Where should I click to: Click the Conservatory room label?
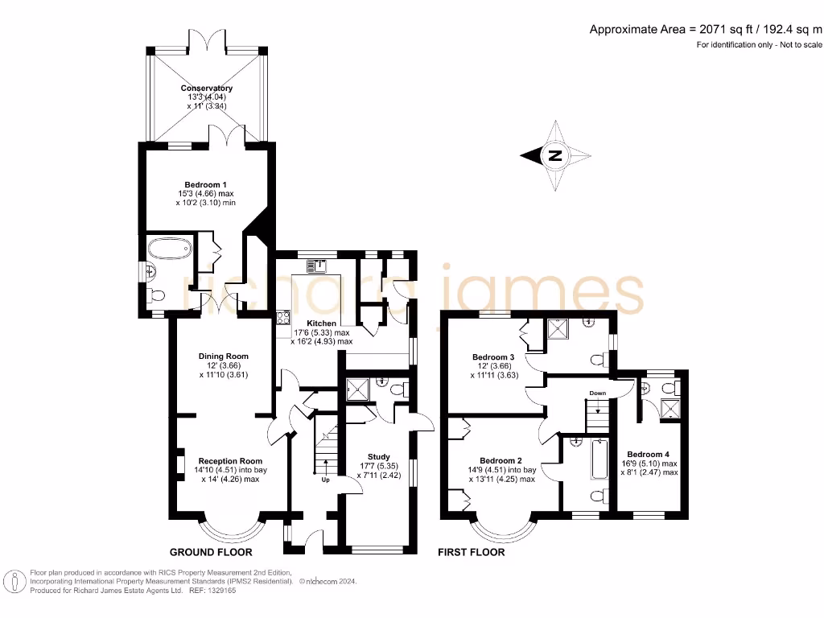[x=207, y=89]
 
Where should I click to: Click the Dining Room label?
[x=223, y=356]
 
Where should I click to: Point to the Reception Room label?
[x=229, y=462]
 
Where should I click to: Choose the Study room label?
[x=378, y=457]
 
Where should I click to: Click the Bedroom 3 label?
[x=492, y=357]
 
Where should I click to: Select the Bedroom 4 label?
[x=648, y=454]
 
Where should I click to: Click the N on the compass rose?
[x=554, y=156]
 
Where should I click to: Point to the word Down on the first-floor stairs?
[x=597, y=393]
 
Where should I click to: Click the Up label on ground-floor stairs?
[x=325, y=480]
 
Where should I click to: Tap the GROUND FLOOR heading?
[x=211, y=553]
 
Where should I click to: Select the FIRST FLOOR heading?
[x=471, y=553]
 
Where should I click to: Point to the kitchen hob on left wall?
[x=282, y=317]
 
